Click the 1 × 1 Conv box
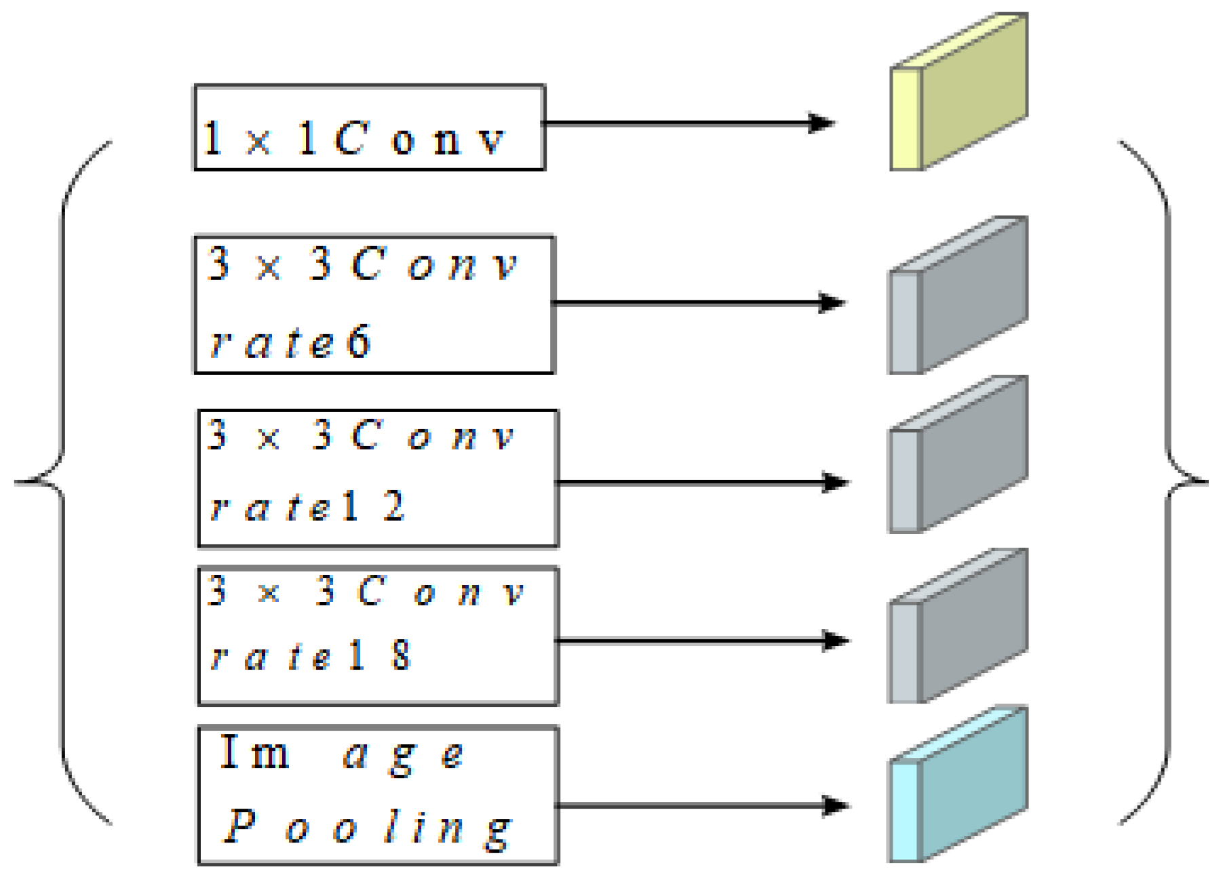(370, 127)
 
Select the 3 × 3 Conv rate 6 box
(374, 304)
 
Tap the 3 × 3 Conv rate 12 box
(378, 478)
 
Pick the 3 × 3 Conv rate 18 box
(378, 636)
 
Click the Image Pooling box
(378, 795)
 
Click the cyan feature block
(958, 785)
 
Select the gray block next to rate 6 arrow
(958, 296)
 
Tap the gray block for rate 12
(958, 455)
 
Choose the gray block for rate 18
(958, 627)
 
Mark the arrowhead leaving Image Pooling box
(836, 806)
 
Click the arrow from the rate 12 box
(699, 483)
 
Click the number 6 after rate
(359, 341)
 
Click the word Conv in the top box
(420, 139)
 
